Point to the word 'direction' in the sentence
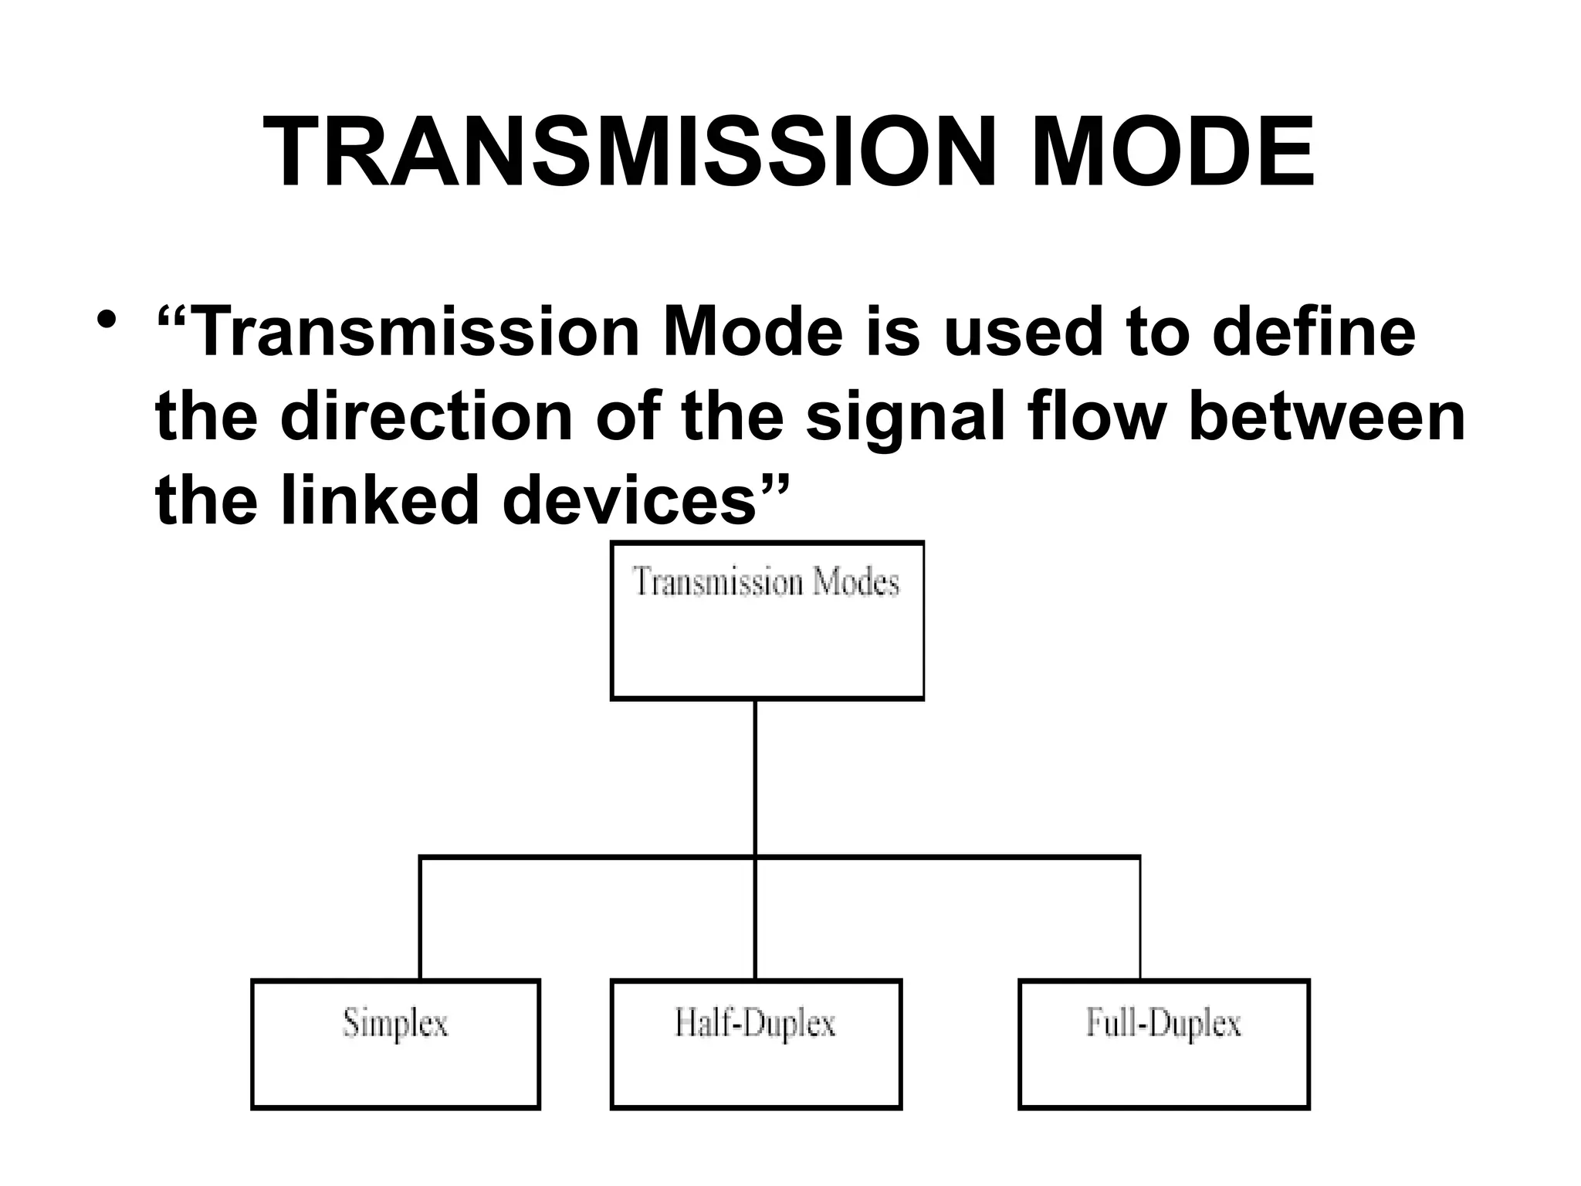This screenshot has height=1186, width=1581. [426, 417]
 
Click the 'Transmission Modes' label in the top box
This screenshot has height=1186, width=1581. [767, 582]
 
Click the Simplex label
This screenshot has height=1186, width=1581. [395, 1025]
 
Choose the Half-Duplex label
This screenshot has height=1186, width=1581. [755, 1024]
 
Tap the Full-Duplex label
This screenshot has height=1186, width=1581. [1163, 1024]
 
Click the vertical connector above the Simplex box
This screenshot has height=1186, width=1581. [420, 919]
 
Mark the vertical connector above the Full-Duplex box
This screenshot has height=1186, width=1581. [1139, 919]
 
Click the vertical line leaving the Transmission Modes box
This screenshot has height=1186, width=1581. [755, 776]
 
